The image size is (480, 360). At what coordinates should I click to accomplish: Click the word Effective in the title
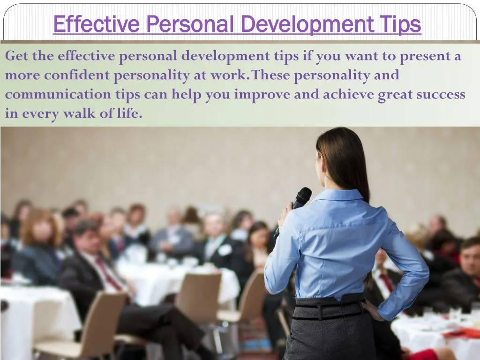pyautogui.click(x=96, y=24)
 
